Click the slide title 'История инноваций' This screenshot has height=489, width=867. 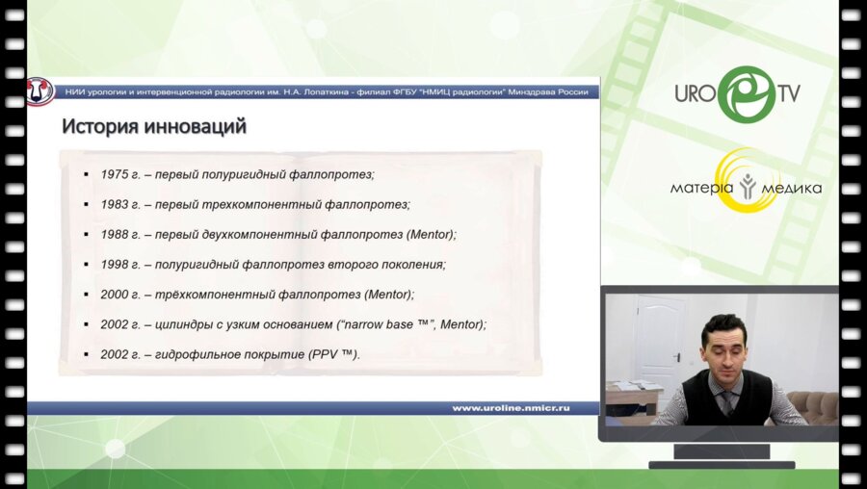(154, 125)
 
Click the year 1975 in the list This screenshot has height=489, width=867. (114, 174)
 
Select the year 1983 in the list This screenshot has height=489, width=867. (114, 204)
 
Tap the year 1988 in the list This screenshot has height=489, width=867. (114, 234)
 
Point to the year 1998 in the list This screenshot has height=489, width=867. (114, 264)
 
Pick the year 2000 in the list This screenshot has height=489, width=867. (114, 294)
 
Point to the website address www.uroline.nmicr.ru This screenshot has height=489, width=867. (511, 408)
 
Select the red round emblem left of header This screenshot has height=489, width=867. (39, 91)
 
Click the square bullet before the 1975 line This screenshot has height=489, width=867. (87, 174)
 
